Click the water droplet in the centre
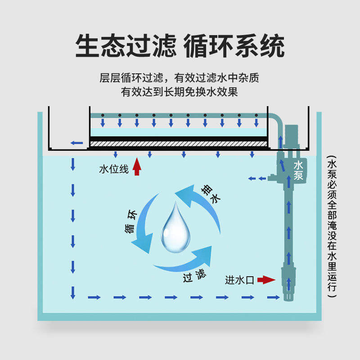(175, 227)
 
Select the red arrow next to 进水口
(266, 280)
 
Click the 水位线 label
(114, 170)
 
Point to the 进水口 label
(240, 280)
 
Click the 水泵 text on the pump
(298, 171)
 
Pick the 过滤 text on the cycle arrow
(194, 275)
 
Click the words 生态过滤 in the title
(126, 45)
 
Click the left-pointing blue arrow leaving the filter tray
(76, 144)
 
